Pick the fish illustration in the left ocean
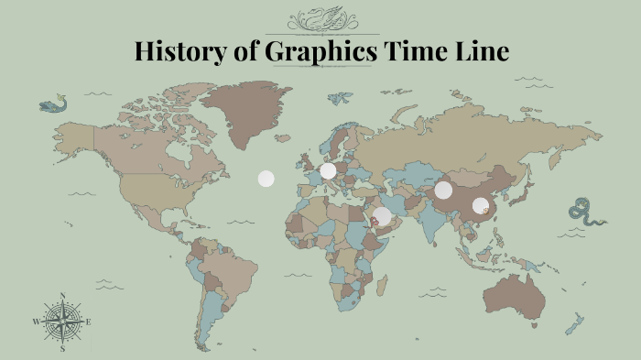[x=54, y=103]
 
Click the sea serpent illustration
[x=584, y=213]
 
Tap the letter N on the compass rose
[x=62, y=295]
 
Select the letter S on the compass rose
[x=62, y=349]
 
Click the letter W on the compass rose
[x=36, y=322]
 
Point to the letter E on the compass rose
[x=89, y=322]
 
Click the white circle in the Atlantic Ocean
[x=266, y=179]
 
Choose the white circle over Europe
[x=328, y=170]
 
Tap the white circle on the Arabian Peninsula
[x=383, y=215]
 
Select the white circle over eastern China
[x=481, y=206]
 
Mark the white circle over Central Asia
[x=443, y=190]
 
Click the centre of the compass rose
[x=62, y=322]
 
